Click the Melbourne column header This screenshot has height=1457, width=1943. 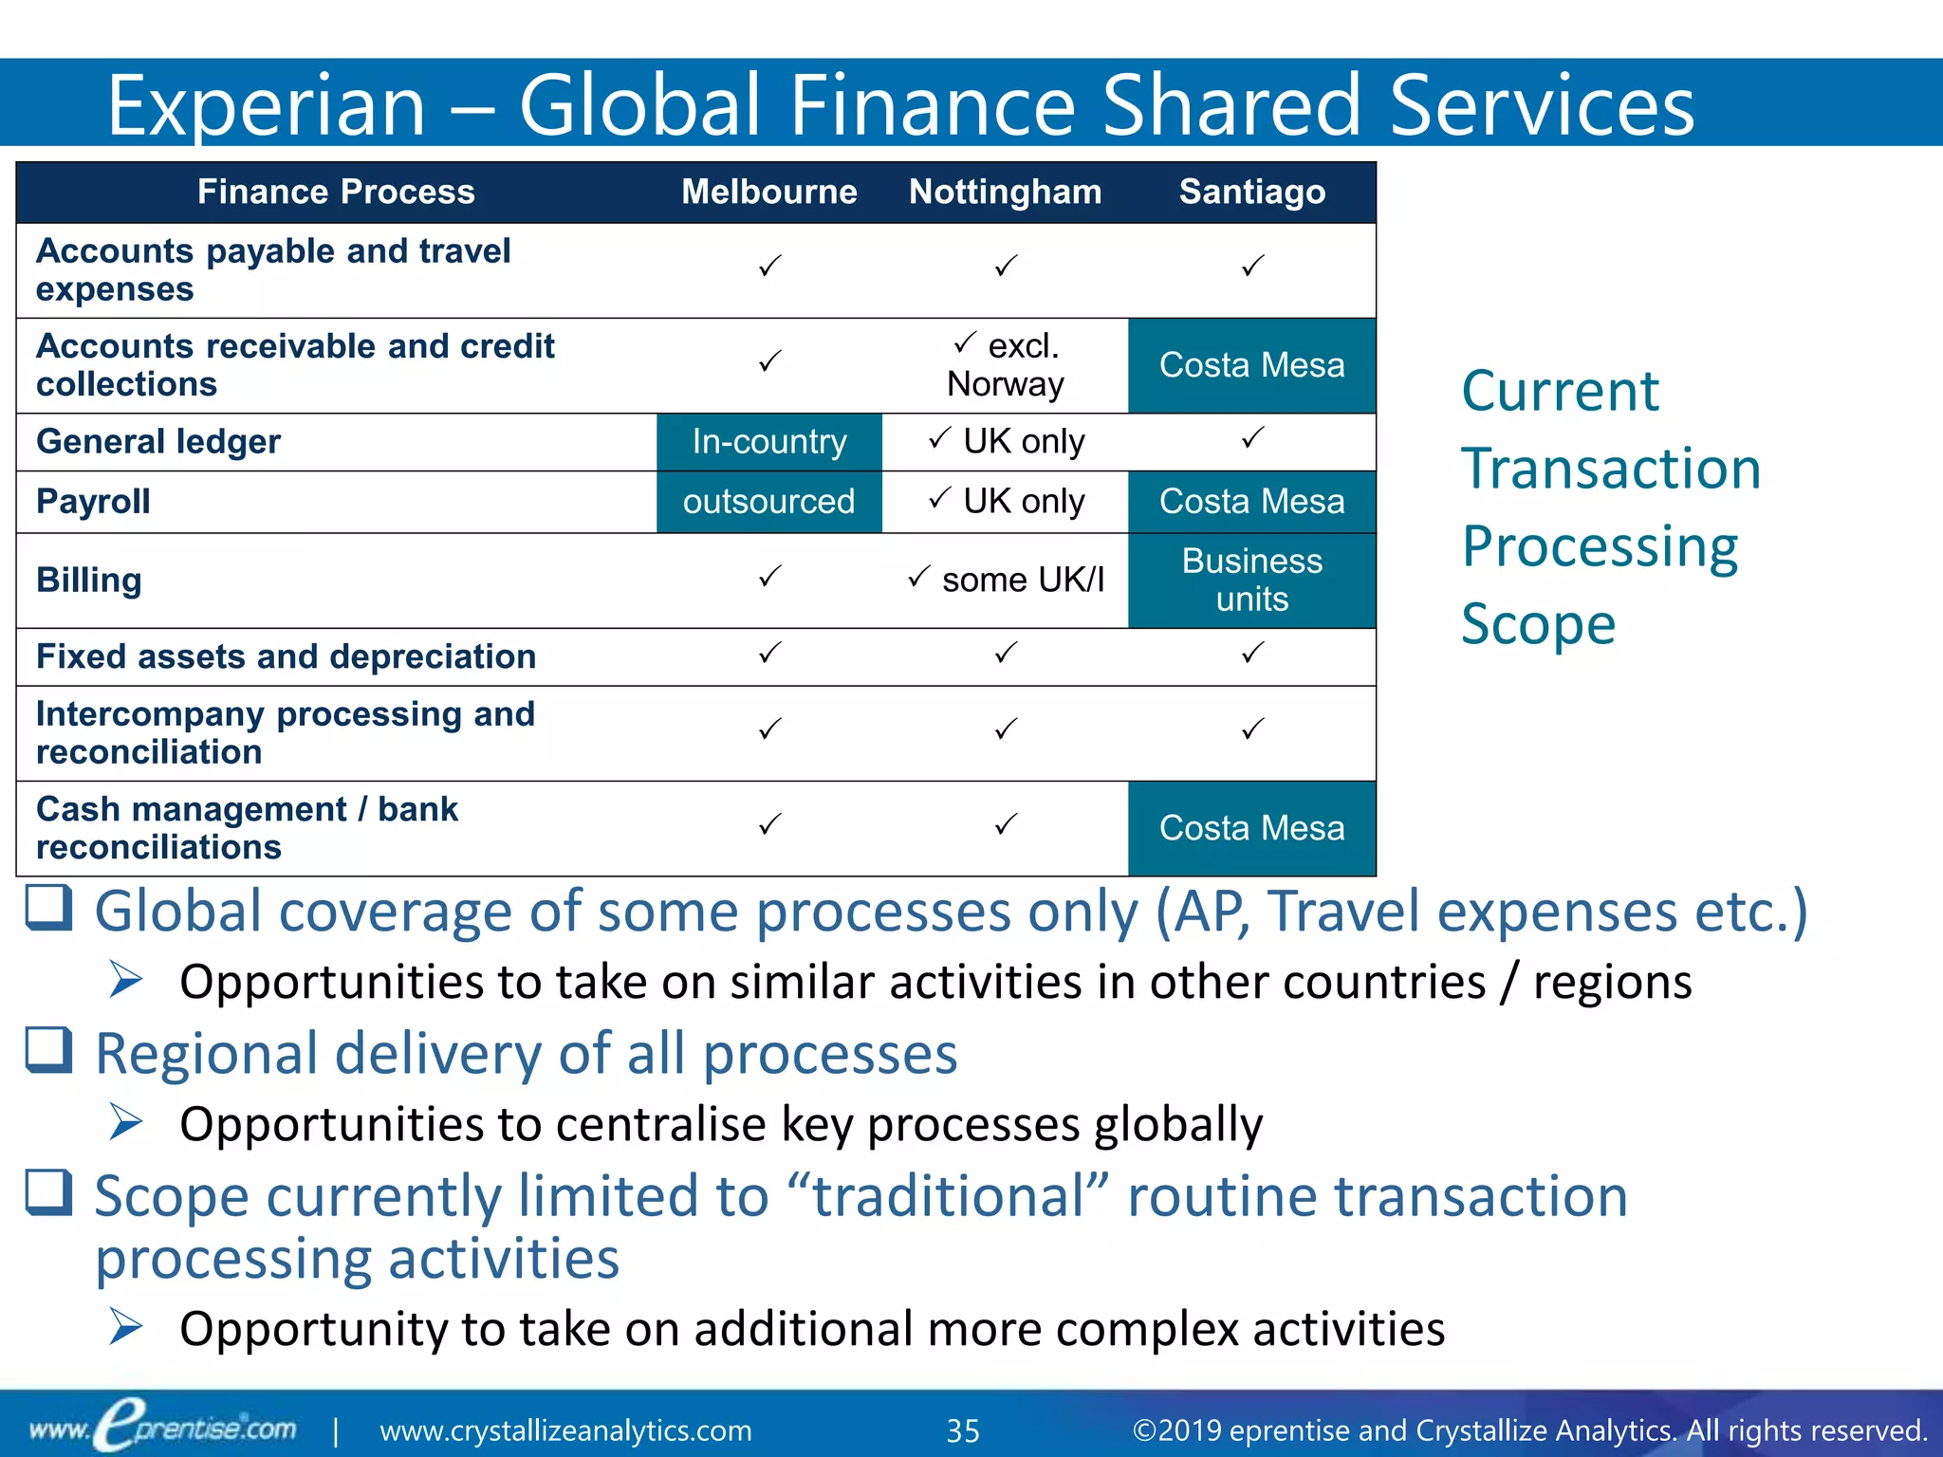pos(768,193)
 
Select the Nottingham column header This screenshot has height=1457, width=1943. pos(1005,193)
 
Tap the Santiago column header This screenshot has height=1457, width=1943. pos(1251,193)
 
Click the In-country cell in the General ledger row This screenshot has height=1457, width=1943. pos(768,442)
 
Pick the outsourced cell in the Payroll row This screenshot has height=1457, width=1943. pos(768,502)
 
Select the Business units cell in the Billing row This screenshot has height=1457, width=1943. pos(1251,581)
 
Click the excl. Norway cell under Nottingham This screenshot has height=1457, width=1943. pos(1005,365)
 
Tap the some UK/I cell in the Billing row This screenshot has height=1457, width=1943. pos(1006,580)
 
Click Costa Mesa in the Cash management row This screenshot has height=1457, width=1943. pos(1251,828)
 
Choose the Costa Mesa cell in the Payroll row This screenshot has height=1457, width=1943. pos(1251,502)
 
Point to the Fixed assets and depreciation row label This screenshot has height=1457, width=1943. pos(286,656)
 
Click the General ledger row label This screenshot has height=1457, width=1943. pos(158,442)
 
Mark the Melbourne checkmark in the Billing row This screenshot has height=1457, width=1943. pos(769,576)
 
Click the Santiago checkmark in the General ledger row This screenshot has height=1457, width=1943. pos(1252,438)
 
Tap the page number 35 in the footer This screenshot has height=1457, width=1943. pos(963,1430)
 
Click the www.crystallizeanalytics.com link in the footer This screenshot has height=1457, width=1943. pos(565,1430)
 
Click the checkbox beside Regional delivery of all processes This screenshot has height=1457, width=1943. pos(48,1050)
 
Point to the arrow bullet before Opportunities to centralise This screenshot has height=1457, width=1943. pos(125,1122)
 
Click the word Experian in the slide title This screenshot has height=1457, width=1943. pos(266,104)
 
